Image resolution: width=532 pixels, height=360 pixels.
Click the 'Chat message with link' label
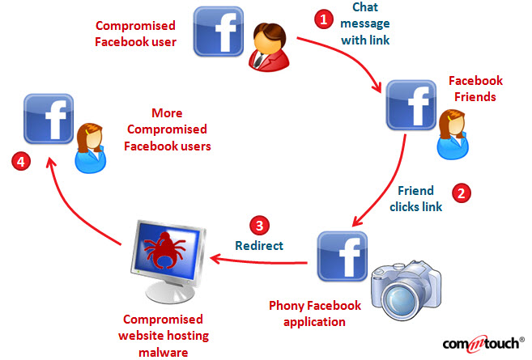(364, 24)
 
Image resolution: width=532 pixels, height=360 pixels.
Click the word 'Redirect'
(259, 244)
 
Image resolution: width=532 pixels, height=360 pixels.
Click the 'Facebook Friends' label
(475, 89)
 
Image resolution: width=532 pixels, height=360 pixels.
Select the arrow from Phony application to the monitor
(259, 260)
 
